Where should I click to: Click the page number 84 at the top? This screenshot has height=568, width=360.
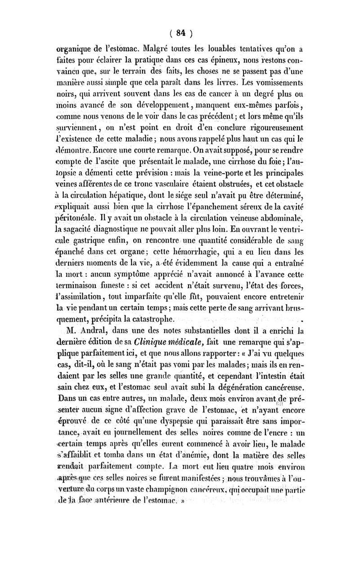(181, 32)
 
